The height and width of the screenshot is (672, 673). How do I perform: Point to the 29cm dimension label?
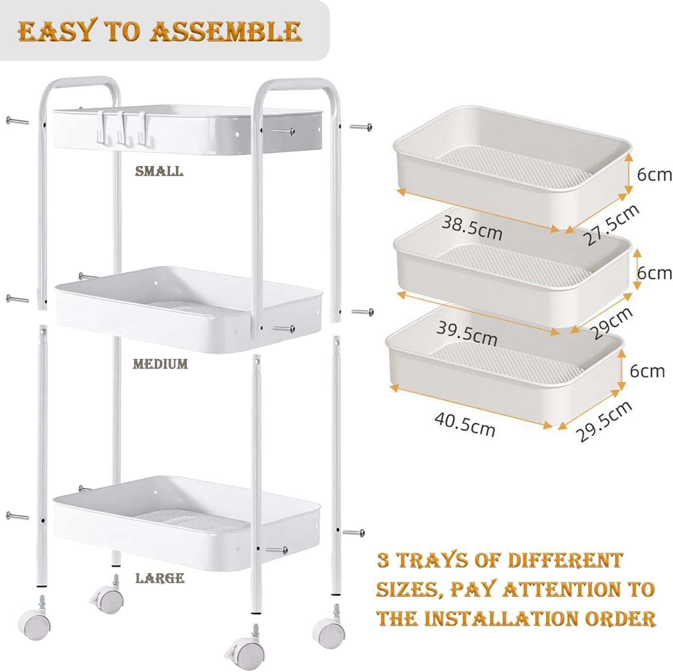point(611,323)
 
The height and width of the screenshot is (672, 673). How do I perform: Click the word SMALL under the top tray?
point(159,171)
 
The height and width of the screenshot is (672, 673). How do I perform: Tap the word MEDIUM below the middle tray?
point(160,364)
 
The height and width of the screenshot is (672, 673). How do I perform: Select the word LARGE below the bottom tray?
point(160,578)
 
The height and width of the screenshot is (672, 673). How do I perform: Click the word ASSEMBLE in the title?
point(226,31)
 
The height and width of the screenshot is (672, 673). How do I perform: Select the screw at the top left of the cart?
point(17,121)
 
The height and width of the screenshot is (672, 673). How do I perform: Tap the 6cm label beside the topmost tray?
point(654,175)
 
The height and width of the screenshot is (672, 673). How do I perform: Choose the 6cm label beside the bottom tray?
point(647,371)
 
